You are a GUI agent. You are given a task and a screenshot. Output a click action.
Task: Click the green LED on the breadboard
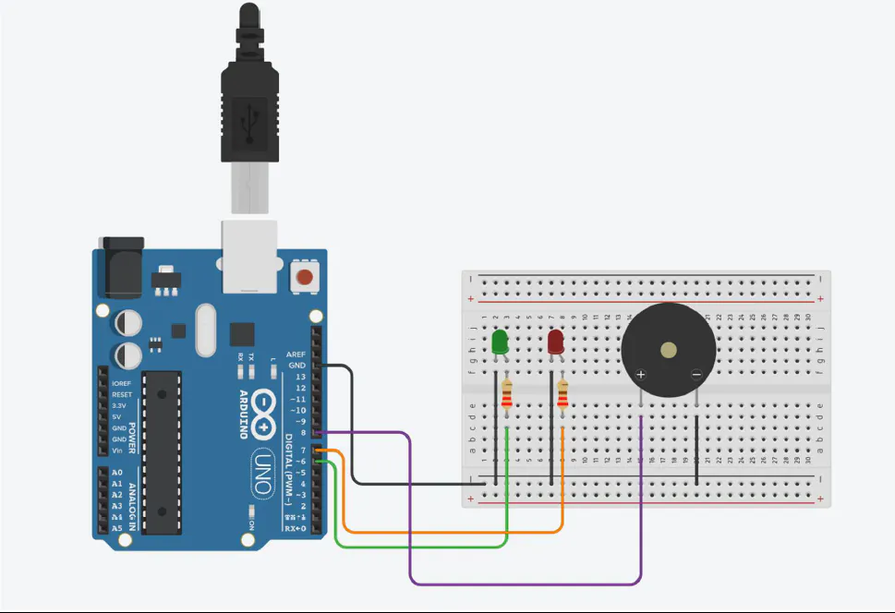(x=500, y=342)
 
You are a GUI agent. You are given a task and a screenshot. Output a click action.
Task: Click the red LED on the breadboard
(x=556, y=342)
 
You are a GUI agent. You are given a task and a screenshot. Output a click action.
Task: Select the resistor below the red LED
(x=562, y=396)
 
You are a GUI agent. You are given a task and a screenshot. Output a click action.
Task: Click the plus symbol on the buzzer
(x=641, y=374)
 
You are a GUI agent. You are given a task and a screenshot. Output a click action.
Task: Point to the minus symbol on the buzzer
(x=696, y=374)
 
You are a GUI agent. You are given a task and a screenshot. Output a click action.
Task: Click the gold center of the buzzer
(x=668, y=350)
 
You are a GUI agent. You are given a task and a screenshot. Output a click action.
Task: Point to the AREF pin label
(x=296, y=355)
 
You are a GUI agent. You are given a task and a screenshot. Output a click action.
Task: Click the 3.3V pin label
(x=120, y=405)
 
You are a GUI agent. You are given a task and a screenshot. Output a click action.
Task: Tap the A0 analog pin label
(x=116, y=472)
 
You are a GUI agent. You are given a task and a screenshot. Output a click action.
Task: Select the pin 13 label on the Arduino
(x=299, y=377)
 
